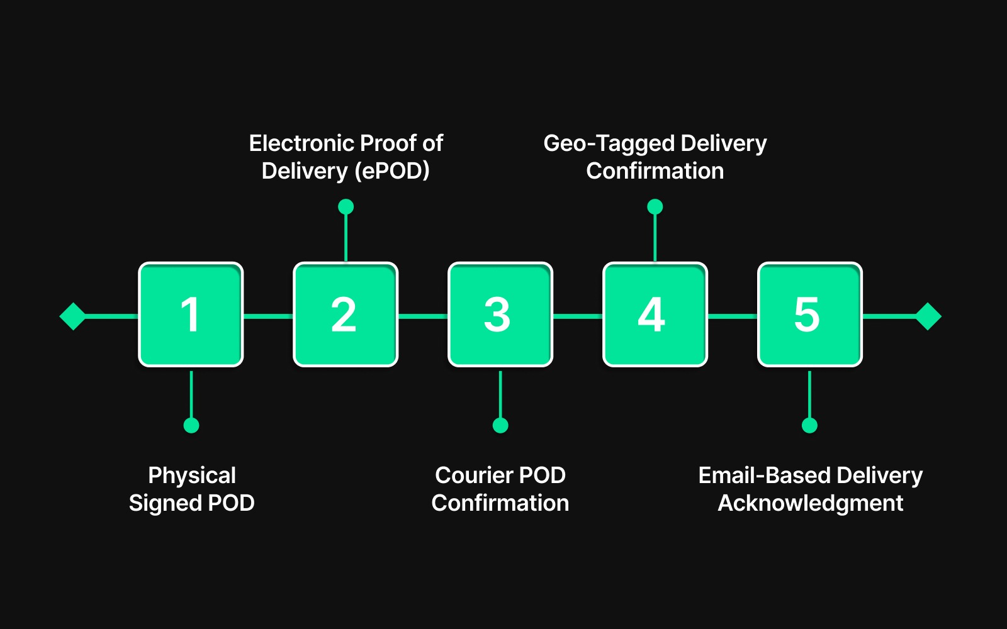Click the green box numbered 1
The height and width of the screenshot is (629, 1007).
pos(191,314)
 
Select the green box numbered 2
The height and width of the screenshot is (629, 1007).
pos(346,314)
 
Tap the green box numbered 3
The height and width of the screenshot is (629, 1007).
pos(500,314)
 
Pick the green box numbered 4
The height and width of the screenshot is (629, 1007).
pos(655,314)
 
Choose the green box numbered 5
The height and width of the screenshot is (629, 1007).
pos(810,314)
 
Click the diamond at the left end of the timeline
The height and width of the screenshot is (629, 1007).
pos(73,316)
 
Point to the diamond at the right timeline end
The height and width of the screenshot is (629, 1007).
pos(928,316)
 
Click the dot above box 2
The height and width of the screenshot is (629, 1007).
pos(346,206)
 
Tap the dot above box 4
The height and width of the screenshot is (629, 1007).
pos(655,206)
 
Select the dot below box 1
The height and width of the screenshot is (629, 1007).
pos(191,425)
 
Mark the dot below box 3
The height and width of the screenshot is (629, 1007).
pos(500,425)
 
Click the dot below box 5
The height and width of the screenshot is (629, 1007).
pos(809,425)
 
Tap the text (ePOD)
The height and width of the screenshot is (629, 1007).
pos(392,171)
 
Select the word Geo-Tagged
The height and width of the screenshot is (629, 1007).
pos(608,144)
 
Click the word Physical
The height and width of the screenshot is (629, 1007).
pos(192,476)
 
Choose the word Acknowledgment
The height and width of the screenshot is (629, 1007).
pos(811,503)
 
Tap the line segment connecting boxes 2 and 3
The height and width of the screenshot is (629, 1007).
pos(423,316)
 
